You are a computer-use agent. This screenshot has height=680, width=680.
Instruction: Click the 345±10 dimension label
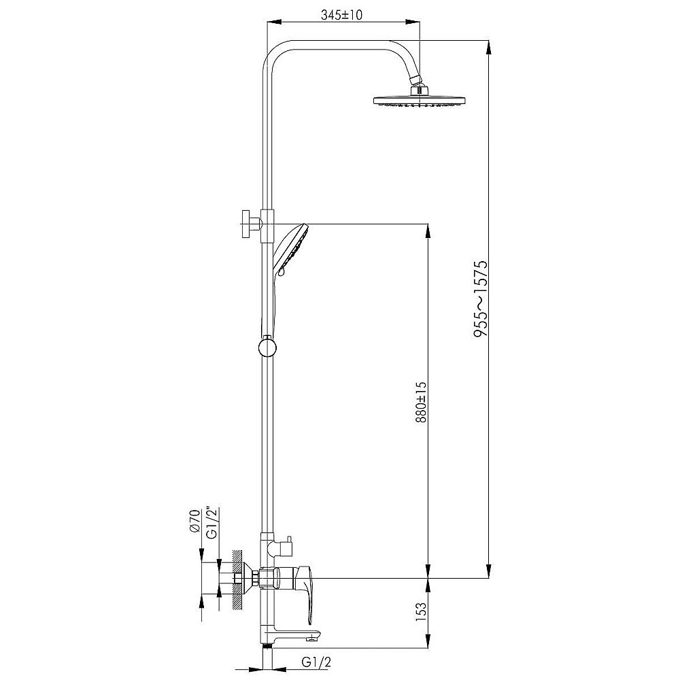[x=342, y=15]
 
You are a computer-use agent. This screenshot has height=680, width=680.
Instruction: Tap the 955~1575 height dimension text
[x=481, y=299]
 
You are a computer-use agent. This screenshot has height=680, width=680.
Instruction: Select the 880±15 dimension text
[x=421, y=402]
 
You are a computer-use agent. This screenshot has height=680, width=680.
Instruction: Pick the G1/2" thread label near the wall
[x=212, y=522]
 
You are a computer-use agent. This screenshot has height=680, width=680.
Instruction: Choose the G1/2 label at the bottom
[x=316, y=662]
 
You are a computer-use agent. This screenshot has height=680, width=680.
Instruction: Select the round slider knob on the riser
[x=267, y=347]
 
